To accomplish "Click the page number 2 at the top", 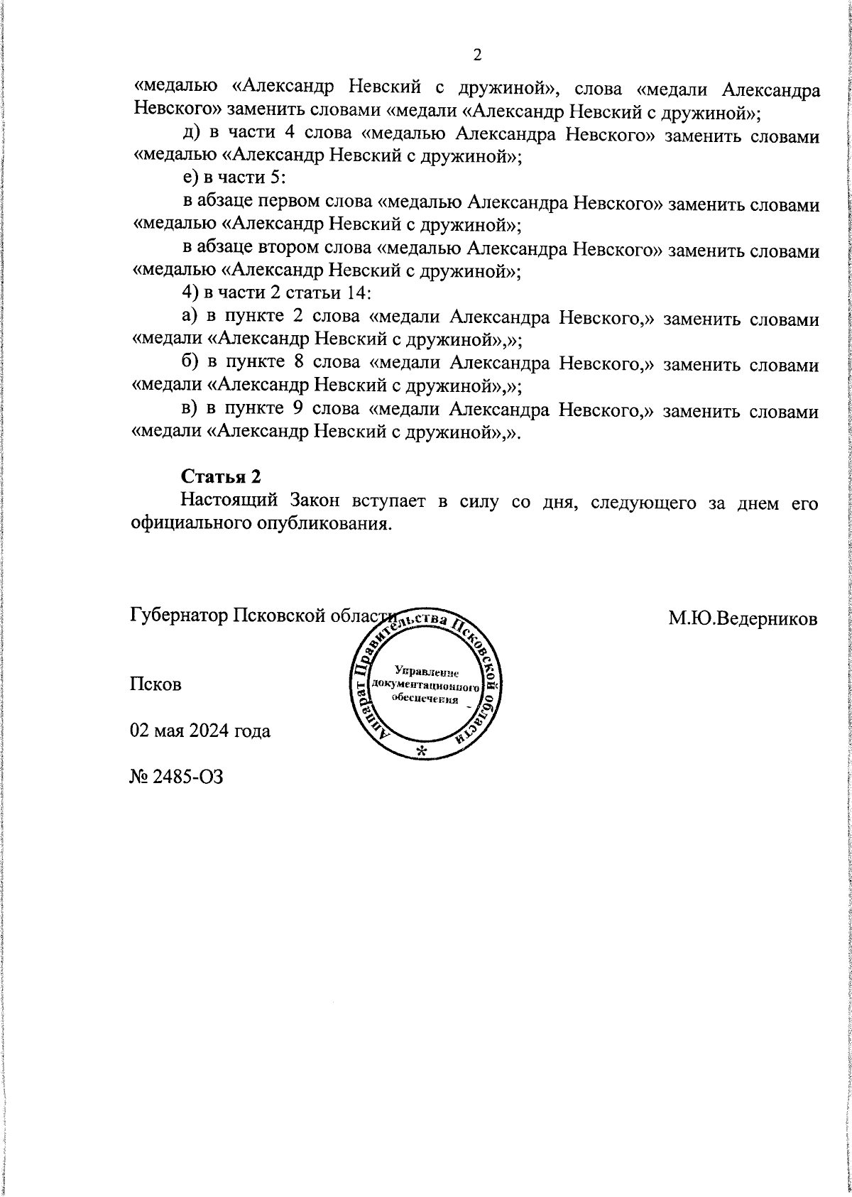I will (477, 55).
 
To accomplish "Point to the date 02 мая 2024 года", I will (200, 730).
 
